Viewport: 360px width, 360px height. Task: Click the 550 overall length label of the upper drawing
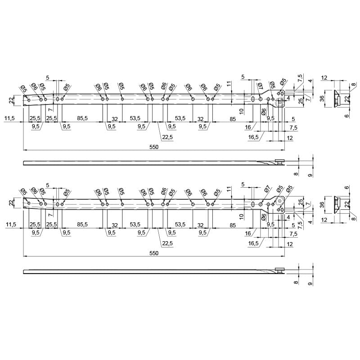tap(154, 147)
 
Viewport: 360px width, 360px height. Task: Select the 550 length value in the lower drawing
tap(154, 253)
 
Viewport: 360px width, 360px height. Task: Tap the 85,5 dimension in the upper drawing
tap(82, 118)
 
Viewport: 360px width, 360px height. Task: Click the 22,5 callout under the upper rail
tap(167, 137)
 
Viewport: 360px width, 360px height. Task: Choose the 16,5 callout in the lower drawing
tap(253, 243)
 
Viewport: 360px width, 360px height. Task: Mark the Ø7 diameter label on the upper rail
tap(261, 86)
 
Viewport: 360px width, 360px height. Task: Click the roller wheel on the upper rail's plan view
tap(280, 103)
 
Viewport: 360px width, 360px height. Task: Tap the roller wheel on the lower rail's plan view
tap(279, 201)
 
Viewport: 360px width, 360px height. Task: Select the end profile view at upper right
tap(337, 99)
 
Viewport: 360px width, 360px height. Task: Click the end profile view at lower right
tap(337, 205)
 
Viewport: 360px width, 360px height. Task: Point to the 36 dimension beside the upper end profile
tap(322, 99)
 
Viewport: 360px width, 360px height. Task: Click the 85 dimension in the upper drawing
tap(233, 119)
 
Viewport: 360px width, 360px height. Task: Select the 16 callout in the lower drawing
tap(248, 234)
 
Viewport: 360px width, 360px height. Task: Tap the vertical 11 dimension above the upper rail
tap(228, 84)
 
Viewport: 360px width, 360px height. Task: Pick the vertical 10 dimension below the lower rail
tap(241, 216)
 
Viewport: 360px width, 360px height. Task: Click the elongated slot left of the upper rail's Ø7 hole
tap(253, 99)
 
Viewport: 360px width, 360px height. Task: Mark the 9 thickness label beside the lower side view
tap(310, 284)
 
